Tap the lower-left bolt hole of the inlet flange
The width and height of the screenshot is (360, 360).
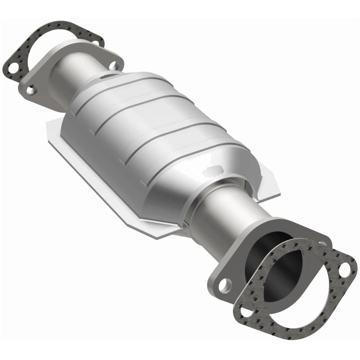pos(31,90)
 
